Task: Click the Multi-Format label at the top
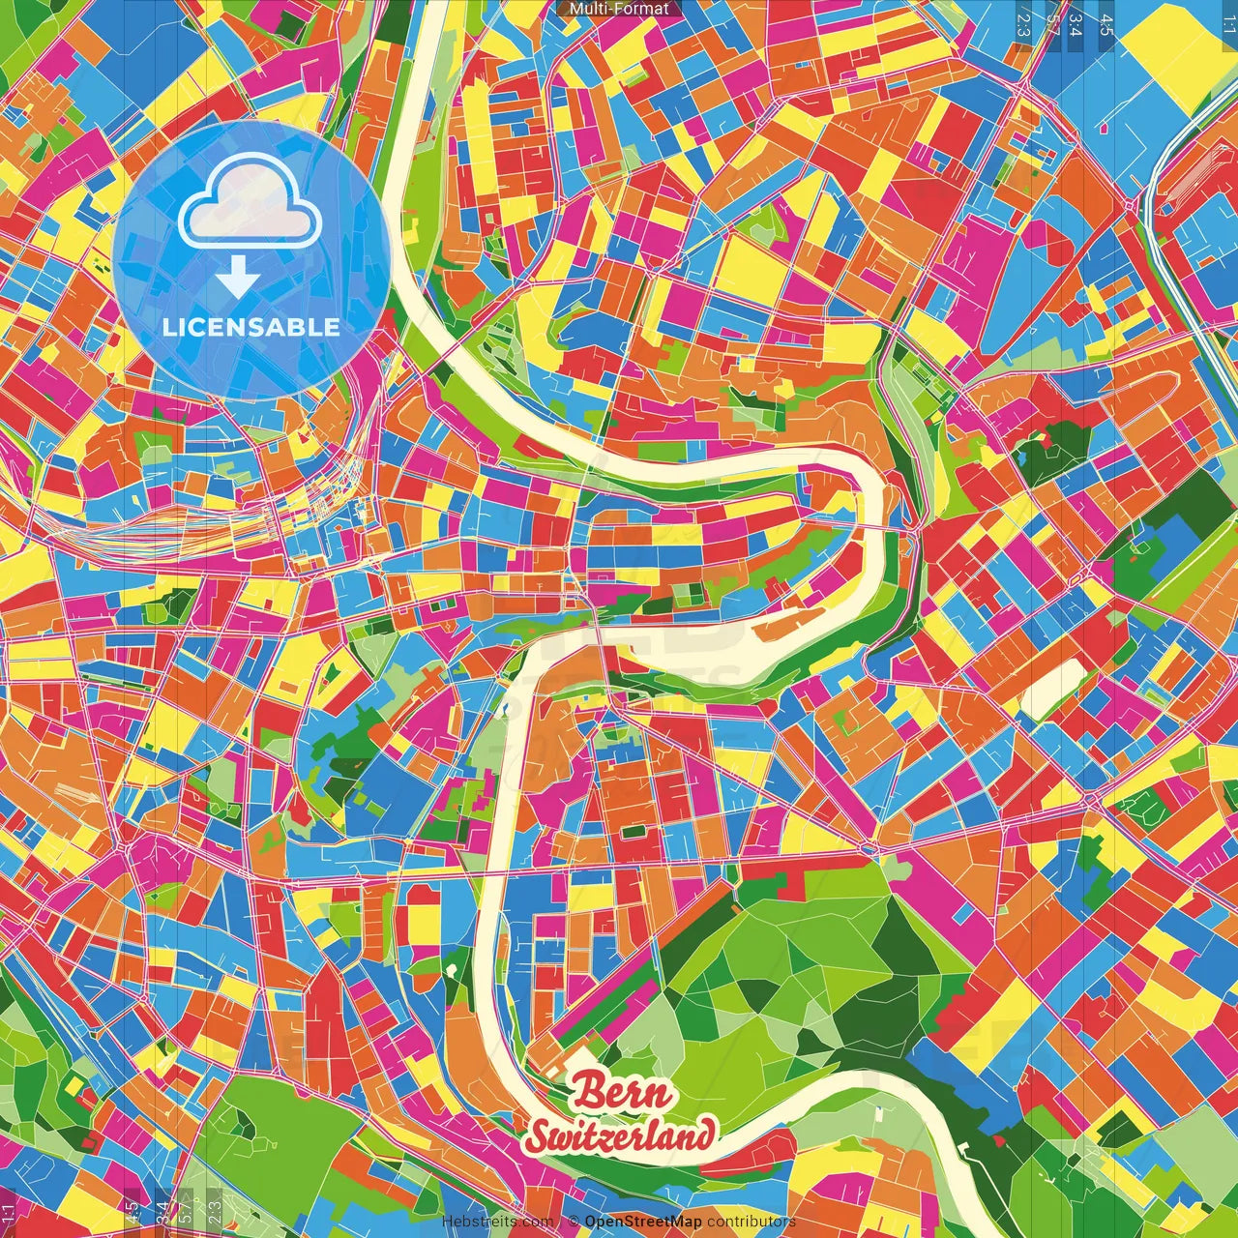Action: tap(619, 9)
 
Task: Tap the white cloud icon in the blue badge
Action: tap(250, 202)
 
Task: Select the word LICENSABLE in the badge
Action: tap(251, 327)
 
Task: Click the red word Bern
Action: tap(621, 1094)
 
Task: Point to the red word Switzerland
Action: tap(621, 1135)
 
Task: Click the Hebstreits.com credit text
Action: tap(498, 1222)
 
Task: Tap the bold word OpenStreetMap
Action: tap(643, 1222)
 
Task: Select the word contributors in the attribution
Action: tap(752, 1222)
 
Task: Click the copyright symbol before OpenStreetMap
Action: tap(573, 1222)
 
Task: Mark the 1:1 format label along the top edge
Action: tap(1227, 21)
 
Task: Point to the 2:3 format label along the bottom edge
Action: tap(214, 1210)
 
